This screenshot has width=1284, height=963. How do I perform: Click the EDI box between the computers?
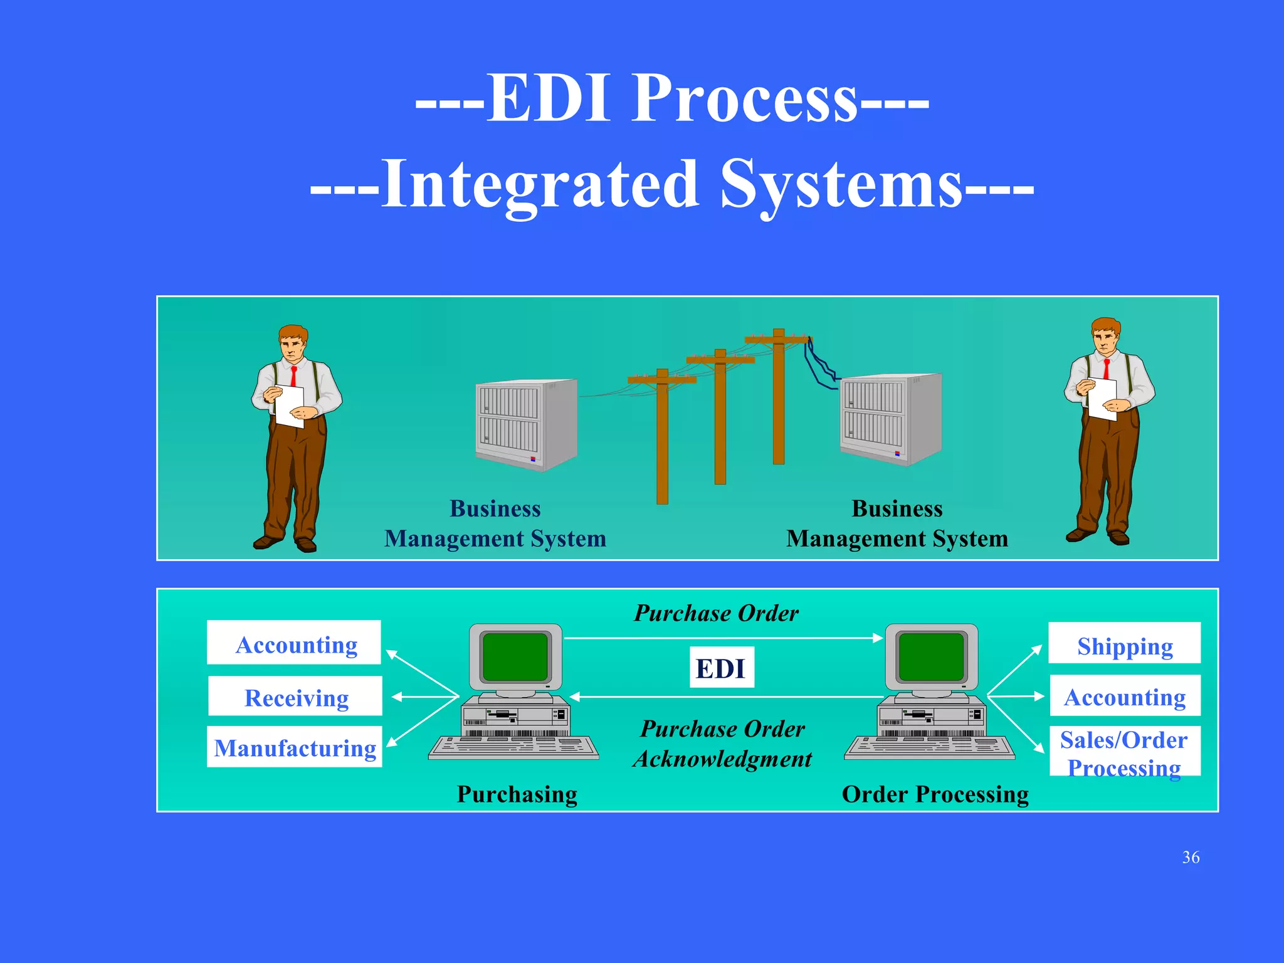tap(721, 668)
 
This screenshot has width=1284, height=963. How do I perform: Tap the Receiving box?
tap(295, 697)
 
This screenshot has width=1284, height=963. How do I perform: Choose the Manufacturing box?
tap(295, 747)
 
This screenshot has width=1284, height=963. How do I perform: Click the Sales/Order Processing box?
tap(1125, 752)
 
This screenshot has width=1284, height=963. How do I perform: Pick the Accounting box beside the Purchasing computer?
tap(295, 643)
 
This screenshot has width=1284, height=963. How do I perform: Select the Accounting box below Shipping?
tap(1125, 696)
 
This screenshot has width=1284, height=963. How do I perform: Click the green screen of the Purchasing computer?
tap(515, 656)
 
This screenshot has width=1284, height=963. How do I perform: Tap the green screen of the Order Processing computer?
tap(931, 656)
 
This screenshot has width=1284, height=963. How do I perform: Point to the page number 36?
tap(1191, 857)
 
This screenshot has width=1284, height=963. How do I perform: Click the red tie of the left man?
tap(293, 376)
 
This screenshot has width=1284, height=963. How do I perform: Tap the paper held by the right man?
tap(1102, 399)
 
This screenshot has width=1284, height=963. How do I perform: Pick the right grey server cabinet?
tap(891, 419)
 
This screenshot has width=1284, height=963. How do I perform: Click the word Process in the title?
tap(744, 98)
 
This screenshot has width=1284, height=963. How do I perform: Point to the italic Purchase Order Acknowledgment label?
tap(722, 744)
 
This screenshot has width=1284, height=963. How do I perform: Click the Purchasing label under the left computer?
tap(517, 794)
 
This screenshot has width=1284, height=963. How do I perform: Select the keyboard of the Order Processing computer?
tap(929, 747)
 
